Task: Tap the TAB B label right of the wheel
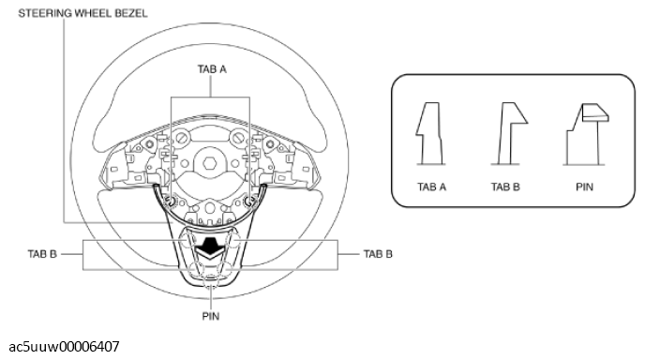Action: click(378, 253)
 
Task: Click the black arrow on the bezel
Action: click(210, 248)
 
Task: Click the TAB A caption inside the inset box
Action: click(431, 187)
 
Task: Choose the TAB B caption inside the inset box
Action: click(506, 187)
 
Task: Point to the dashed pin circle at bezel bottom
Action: click(210, 290)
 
